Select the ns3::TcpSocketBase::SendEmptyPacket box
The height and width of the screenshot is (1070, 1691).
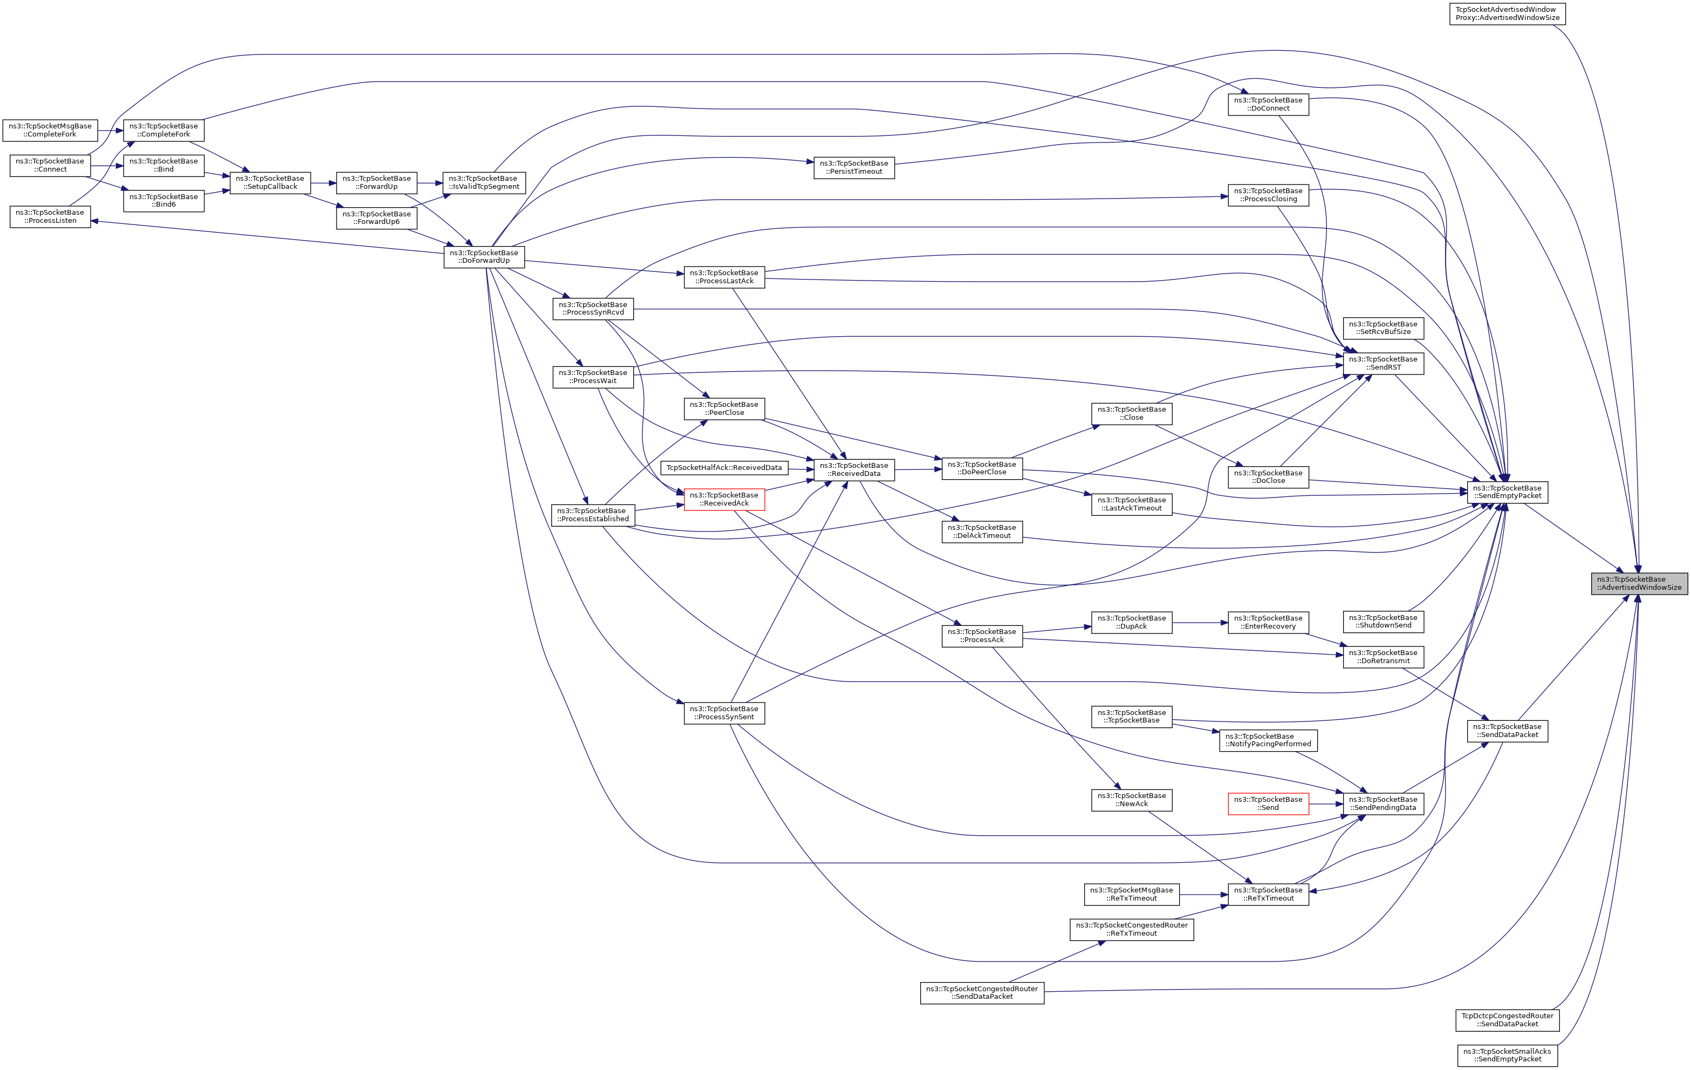coord(1507,492)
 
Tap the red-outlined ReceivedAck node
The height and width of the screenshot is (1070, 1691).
coord(724,500)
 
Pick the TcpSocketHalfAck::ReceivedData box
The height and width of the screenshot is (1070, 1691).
coord(724,468)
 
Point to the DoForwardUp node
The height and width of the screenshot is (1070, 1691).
coord(484,256)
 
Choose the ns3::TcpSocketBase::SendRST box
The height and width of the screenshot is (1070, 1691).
coord(1382,363)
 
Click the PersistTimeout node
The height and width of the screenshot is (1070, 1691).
coord(854,167)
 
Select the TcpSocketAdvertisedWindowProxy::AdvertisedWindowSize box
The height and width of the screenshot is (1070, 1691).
coord(1507,13)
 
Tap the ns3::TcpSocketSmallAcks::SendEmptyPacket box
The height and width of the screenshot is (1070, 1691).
coord(1507,1055)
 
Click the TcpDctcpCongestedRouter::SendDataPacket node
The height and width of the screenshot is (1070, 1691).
coord(1507,1020)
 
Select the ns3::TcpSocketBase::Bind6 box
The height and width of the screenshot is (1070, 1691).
coord(163,201)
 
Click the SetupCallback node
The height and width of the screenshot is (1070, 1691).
coord(270,183)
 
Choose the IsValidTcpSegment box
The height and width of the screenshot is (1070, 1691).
coord(484,183)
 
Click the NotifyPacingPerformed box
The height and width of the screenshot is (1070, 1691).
coord(1268,740)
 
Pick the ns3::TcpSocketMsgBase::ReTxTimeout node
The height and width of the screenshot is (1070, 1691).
coord(1131,894)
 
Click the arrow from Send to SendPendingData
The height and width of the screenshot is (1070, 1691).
coord(1326,804)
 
